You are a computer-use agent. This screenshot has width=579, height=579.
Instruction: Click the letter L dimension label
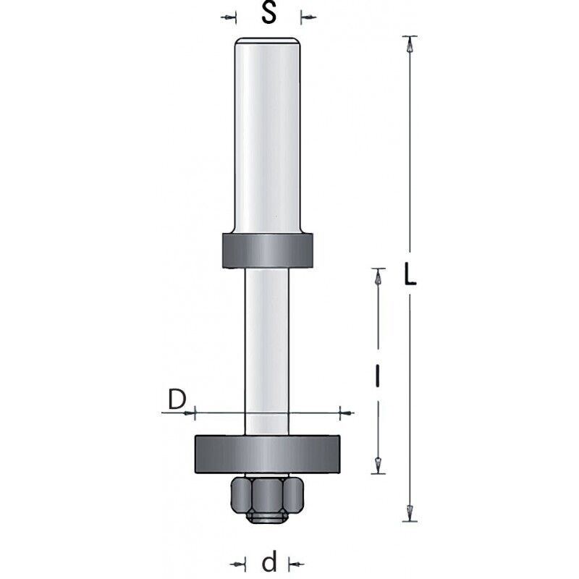click(410, 276)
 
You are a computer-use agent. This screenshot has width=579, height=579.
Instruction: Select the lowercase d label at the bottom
click(269, 562)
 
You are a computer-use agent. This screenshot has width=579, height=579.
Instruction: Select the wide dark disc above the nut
click(267, 454)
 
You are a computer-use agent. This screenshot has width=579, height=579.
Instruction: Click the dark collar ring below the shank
click(267, 251)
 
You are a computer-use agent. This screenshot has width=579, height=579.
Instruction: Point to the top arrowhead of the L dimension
click(410, 43)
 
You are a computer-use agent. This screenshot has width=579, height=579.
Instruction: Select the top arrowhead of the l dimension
click(377, 276)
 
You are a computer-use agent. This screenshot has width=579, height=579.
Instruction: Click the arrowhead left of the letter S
click(232, 16)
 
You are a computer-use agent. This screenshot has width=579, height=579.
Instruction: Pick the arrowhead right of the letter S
click(305, 16)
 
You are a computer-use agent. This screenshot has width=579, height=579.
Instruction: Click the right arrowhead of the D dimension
click(345, 413)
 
